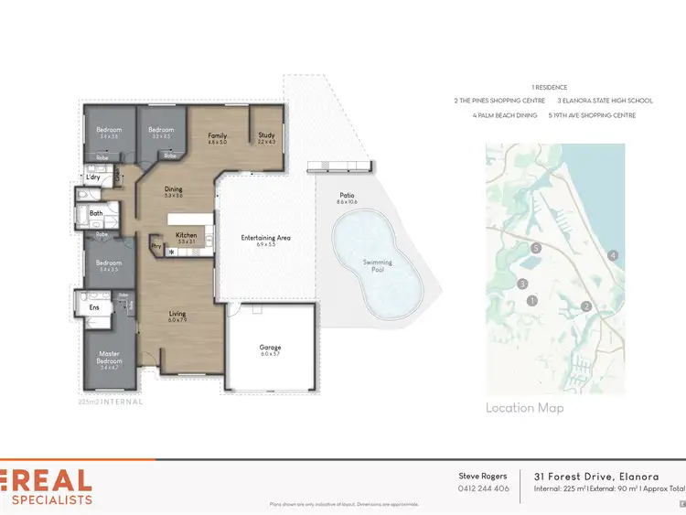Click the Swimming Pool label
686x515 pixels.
[377, 266]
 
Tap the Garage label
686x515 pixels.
[270, 348]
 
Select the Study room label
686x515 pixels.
[266, 135]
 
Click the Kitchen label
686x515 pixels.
[187, 235]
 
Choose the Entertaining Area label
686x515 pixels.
[265, 238]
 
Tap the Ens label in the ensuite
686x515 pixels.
[93, 307]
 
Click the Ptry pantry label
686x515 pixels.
[155, 245]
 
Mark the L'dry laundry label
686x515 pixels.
[92, 177]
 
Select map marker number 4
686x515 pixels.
[613, 255]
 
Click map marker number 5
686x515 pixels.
[536, 248]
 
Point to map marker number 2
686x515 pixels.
[587, 306]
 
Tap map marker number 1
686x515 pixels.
[531, 300]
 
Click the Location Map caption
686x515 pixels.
[525, 408]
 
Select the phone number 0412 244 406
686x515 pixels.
[483, 488]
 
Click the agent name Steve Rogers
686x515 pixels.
[482, 476]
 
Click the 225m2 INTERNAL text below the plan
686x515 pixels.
[111, 401]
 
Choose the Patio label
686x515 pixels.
[347, 195]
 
